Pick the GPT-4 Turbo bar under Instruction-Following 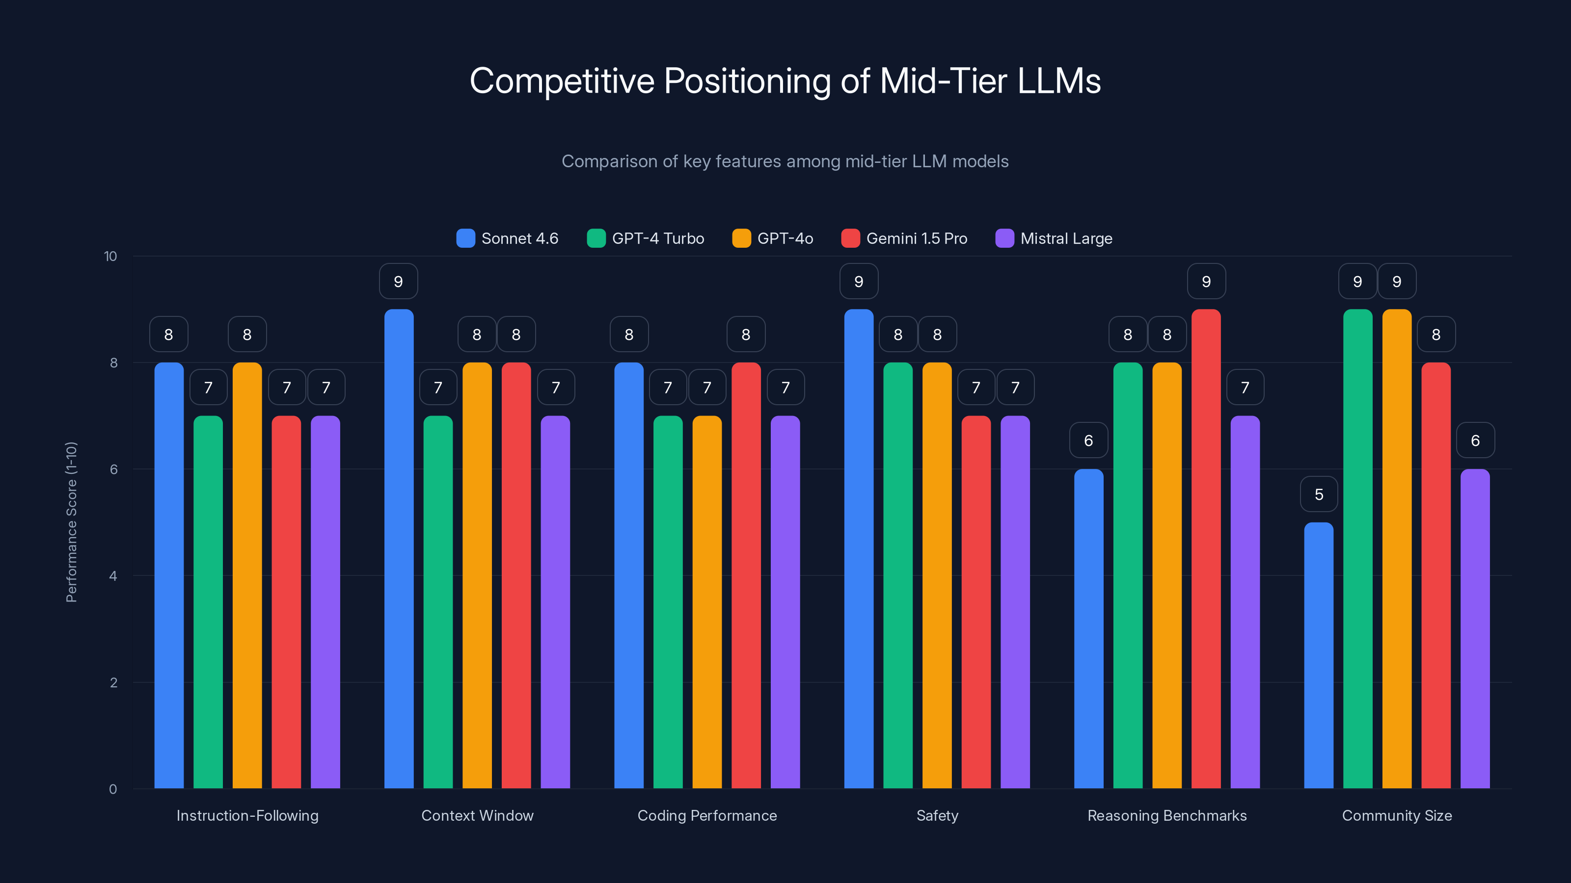(x=208, y=602)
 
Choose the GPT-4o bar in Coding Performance (x=707, y=602)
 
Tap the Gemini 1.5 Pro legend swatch (x=850, y=238)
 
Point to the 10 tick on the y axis (x=110, y=256)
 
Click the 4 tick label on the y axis (x=113, y=576)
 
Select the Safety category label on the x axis (x=937, y=815)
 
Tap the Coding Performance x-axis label (x=707, y=815)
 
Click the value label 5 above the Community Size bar (x=1319, y=494)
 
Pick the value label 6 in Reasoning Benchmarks (x=1088, y=441)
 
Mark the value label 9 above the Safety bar (x=859, y=282)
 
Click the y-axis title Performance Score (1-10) (x=71, y=522)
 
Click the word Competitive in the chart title (x=562, y=81)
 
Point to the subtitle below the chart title (x=785, y=161)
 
